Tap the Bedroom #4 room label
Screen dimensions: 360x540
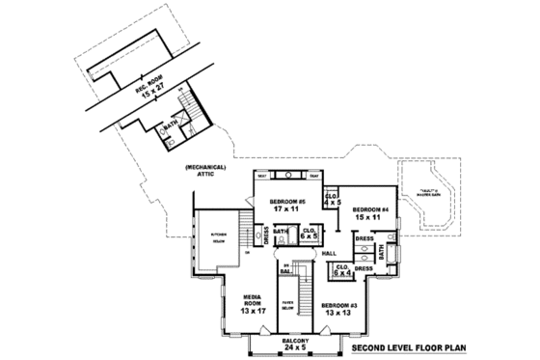tap(369, 213)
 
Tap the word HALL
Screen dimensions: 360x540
tap(329, 253)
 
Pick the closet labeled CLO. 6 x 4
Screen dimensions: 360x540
tap(342, 270)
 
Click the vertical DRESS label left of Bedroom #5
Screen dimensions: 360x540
tap(265, 235)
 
